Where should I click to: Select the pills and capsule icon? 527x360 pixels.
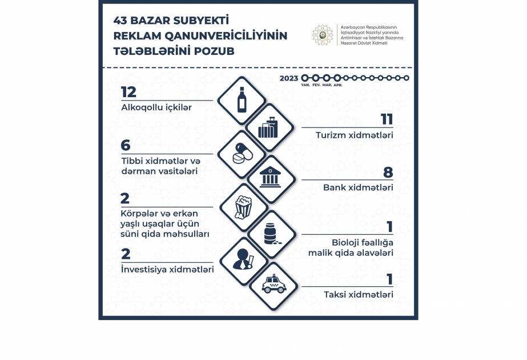point(242,154)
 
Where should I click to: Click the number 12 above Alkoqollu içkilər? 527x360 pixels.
point(128,92)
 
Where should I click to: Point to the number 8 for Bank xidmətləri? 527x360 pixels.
point(388,173)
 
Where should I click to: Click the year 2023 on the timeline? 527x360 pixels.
point(288,78)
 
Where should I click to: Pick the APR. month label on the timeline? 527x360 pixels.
point(337,85)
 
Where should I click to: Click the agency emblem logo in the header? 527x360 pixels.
point(323,35)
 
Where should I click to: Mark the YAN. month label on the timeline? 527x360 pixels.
point(305,85)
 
